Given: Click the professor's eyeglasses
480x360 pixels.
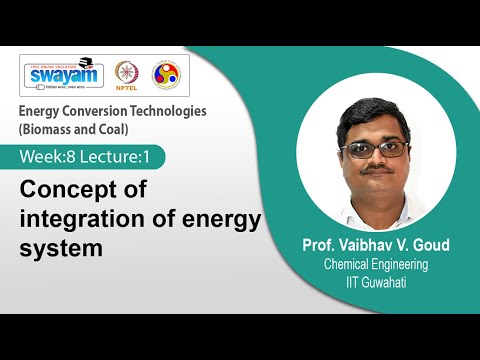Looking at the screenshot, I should pos(376,147).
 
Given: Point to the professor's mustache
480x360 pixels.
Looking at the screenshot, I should pos(376,169).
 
